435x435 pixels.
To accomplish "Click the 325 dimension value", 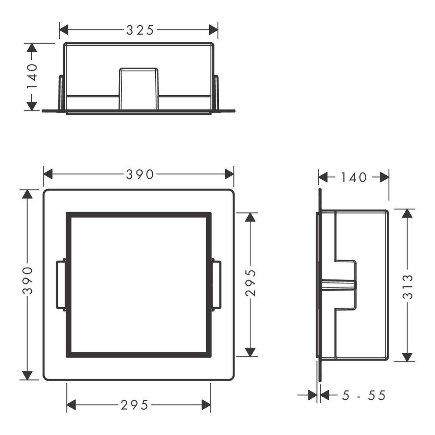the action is pos(140,30).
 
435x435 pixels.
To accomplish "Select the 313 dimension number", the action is pos(407,287).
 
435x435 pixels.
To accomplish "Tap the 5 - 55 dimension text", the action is pos(364,395).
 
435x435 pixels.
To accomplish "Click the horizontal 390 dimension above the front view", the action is pos(140,174).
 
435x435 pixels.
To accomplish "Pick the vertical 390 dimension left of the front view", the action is pos(27,281).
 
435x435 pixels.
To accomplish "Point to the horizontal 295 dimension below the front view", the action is pos(134,405).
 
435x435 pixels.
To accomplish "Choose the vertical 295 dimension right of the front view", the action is pos(251,283).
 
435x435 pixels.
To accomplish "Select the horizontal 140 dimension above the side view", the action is pos(354,177).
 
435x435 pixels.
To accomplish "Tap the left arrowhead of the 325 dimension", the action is pos(64,30).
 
